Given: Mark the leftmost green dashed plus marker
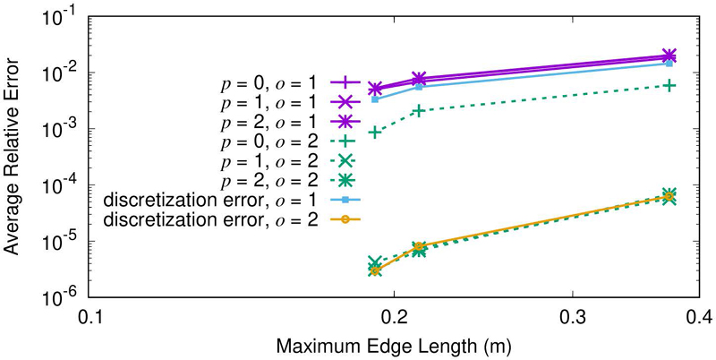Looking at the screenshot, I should click(376, 132).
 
